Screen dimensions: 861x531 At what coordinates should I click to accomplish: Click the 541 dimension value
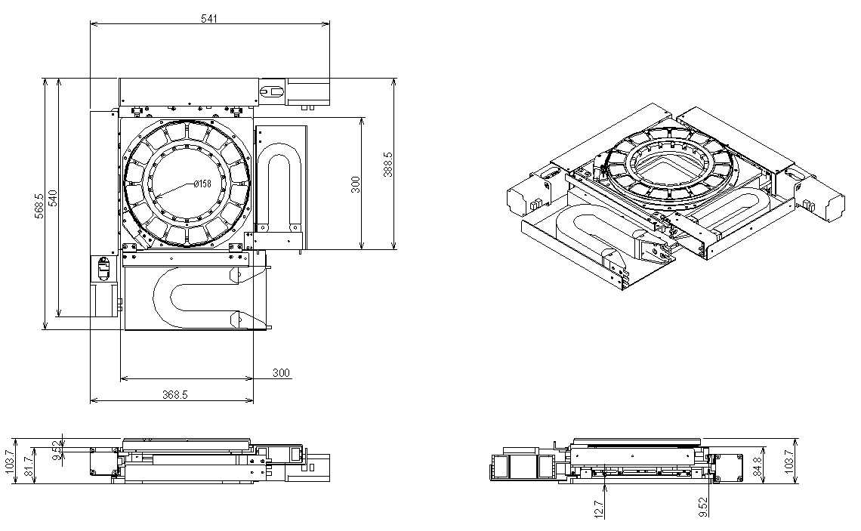coord(208,19)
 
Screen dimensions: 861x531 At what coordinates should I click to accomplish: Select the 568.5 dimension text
coord(39,206)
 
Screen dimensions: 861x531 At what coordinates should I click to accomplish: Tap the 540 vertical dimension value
coord(54,198)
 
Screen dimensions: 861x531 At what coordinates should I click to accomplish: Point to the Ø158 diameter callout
coord(202,184)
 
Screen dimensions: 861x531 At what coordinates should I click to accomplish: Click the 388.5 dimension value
coord(389,164)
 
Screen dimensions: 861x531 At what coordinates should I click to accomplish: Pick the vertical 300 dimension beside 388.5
coord(356,184)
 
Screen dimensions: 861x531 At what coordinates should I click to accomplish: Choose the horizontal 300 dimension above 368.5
coord(281,373)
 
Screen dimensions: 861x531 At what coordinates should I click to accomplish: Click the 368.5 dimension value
coord(175,394)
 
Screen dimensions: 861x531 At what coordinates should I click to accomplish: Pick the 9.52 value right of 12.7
coord(703,507)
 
